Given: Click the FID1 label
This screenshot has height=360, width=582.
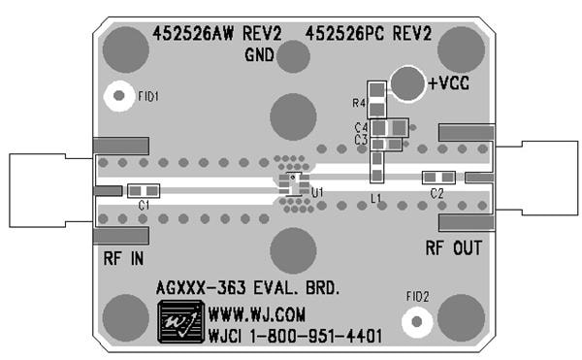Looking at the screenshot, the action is [x=148, y=96].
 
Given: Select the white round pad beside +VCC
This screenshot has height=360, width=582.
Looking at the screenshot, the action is [x=408, y=84].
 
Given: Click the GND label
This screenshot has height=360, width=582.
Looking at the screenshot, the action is [x=261, y=54].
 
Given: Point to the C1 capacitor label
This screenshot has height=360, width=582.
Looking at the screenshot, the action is [x=145, y=206].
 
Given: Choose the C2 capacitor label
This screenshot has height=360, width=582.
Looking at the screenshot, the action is [x=436, y=194].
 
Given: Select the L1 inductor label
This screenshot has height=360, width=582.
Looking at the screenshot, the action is [x=376, y=198].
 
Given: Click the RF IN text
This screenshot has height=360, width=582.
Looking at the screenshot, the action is [x=123, y=259].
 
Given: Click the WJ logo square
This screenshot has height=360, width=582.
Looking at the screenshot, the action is [x=180, y=321].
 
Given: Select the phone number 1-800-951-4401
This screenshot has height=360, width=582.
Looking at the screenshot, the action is [x=312, y=336].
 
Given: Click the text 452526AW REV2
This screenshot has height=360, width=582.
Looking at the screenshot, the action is [x=217, y=34].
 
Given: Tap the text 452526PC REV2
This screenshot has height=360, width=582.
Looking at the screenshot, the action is [x=368, y=34].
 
